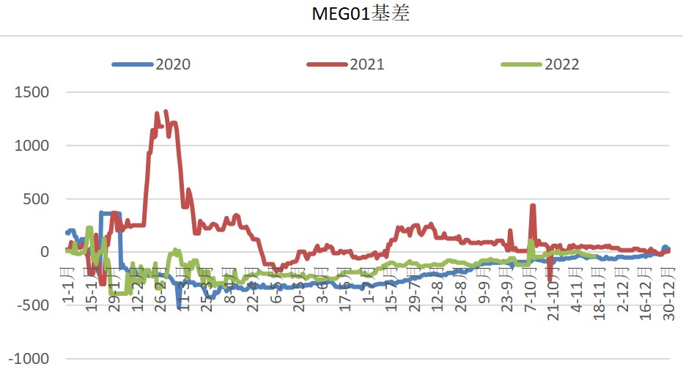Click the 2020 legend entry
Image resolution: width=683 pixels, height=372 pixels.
click(x=172, y=64)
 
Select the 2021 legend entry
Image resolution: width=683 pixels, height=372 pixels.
click(x=366, y=64)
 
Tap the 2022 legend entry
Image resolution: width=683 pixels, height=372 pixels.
click(x=561, y=64)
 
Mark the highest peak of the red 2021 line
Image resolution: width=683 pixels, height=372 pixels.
click(x=166, y=112)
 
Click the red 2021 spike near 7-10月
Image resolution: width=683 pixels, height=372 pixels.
click(x=533, y=207)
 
